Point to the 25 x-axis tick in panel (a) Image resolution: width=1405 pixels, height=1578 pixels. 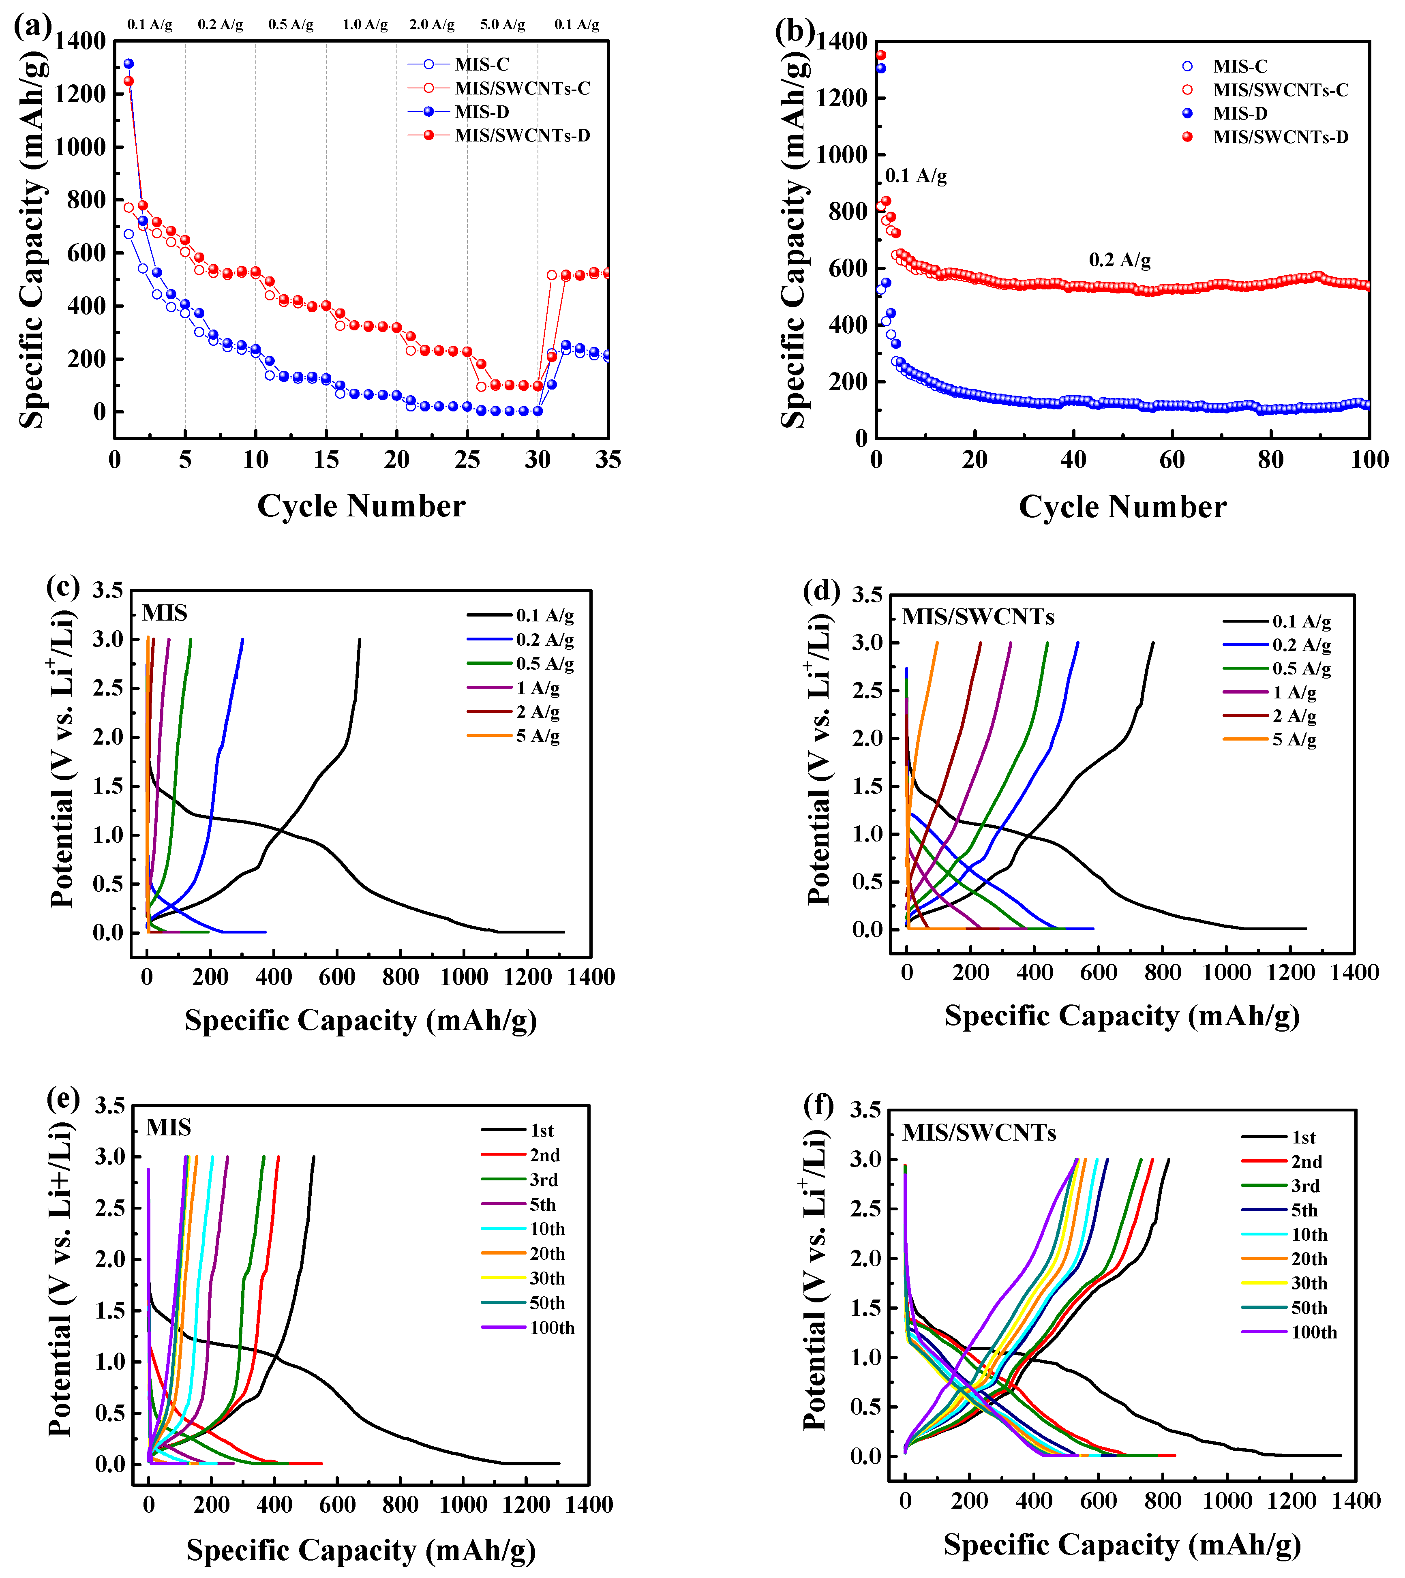pos(467,460)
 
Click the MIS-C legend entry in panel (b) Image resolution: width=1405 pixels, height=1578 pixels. pos(1239,66)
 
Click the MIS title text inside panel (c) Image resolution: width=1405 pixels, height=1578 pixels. pos(165,613)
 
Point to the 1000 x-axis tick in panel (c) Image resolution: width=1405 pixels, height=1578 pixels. pos(464,977)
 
